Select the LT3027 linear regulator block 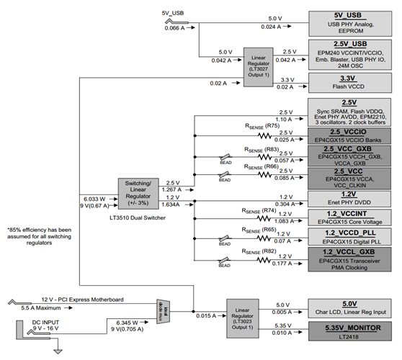[256, 63]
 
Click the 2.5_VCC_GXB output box [349, 156]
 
